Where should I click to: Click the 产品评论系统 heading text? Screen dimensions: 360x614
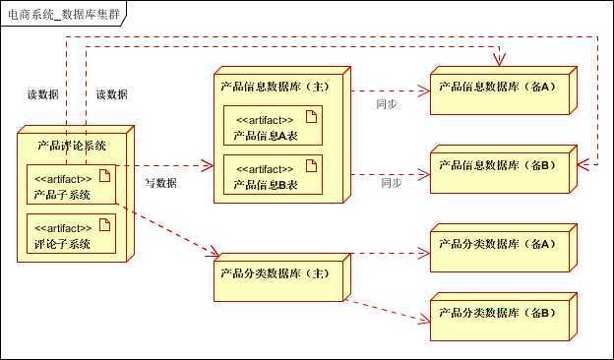(x=73, y=146)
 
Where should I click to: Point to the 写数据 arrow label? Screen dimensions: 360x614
(x=160, y=182)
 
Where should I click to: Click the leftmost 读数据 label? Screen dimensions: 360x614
(x=42, y=94)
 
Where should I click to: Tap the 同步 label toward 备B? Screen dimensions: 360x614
(x=391, y=182)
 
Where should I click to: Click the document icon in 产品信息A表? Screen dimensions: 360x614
(x=309, y=118)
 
